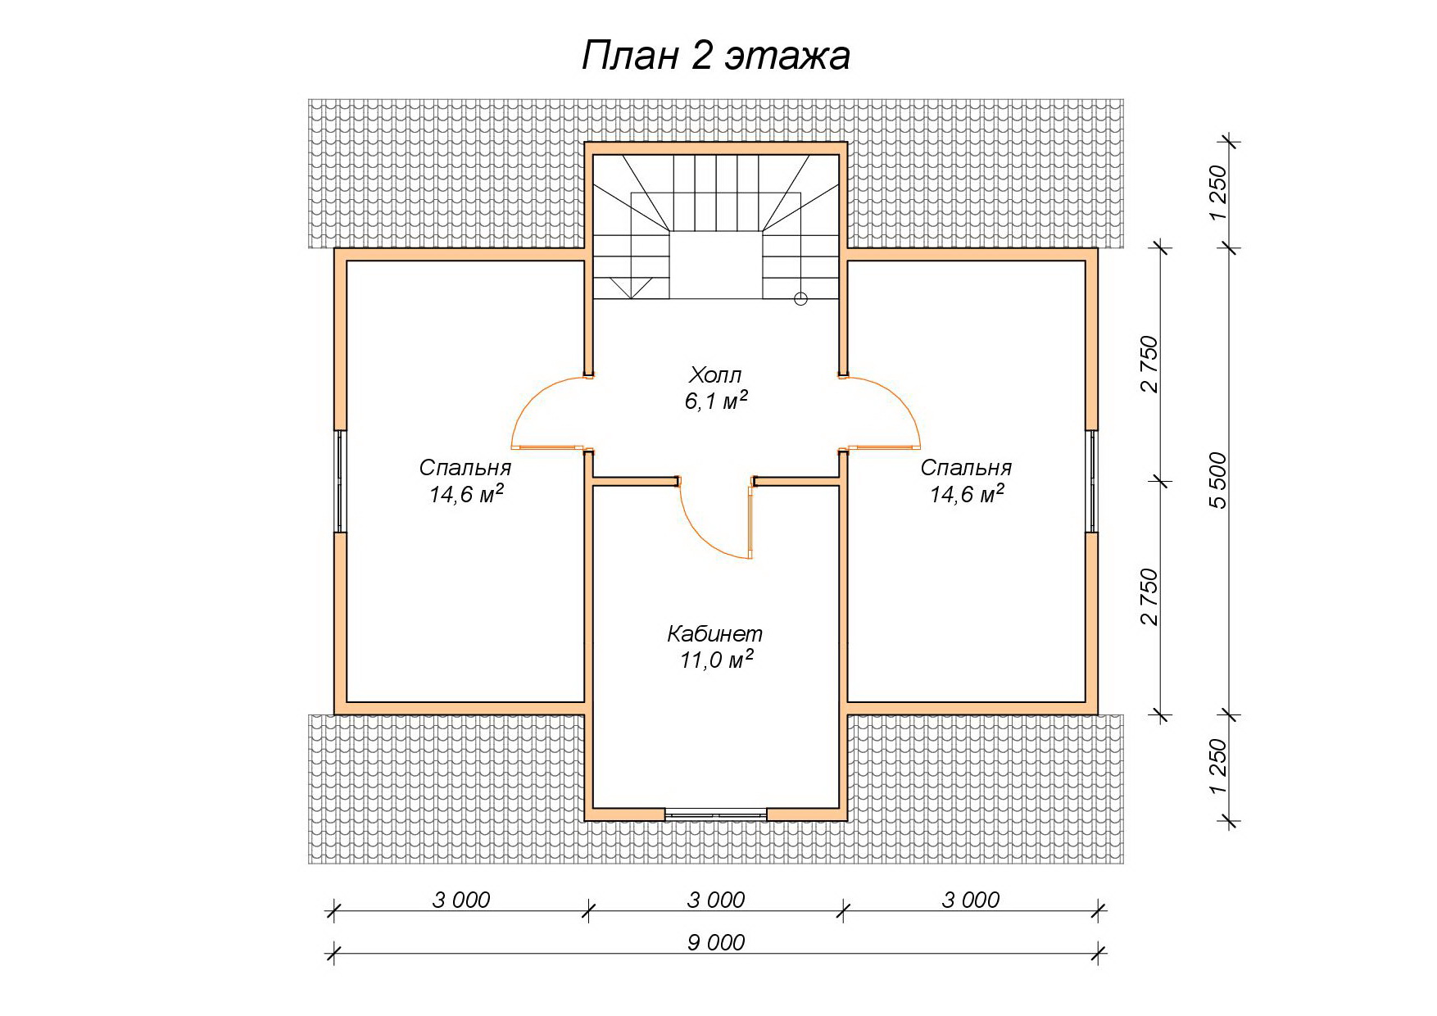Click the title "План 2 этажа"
tap(715, 57)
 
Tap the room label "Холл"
tap(715, 375)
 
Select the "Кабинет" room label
tap(715, 633)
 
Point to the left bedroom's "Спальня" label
tap(465, 467)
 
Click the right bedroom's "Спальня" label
tap(966, 467)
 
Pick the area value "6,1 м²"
tap(716, 401)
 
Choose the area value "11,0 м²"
tap(716, 659)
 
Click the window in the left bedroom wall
tap(340, 481)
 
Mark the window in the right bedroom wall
tap(1091, 481)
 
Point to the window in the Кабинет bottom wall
tap(716, 814)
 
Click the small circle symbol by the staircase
tap(800, 299)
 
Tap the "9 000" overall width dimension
tap(716, 942)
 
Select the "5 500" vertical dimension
tap(1219, 480)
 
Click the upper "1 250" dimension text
tap(1218, 193)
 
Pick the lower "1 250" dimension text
tap(1218, 767)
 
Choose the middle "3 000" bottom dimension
tap(716, 900)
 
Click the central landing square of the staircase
tap(717, 265)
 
